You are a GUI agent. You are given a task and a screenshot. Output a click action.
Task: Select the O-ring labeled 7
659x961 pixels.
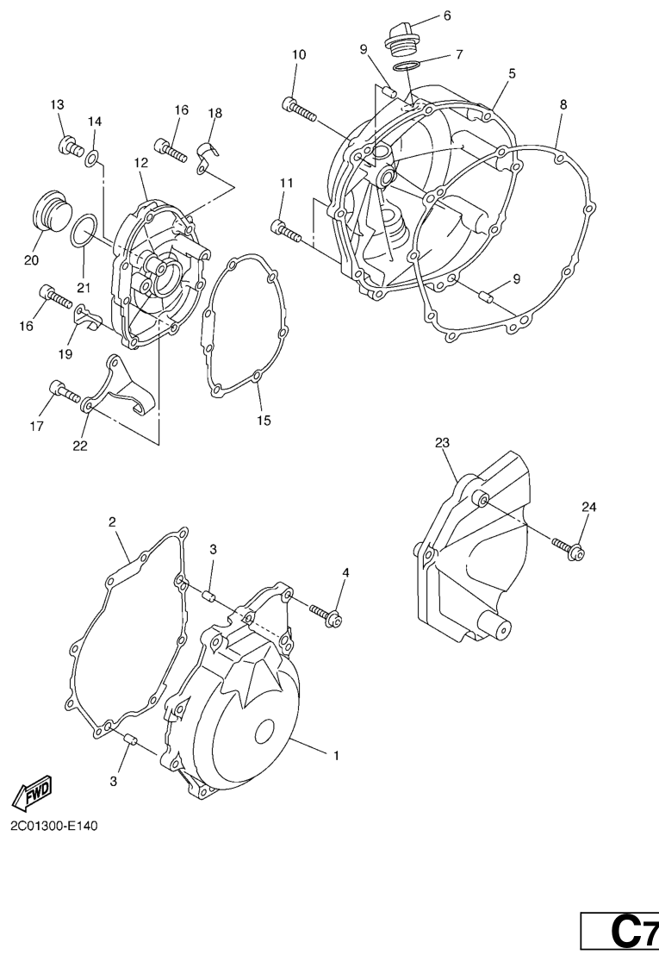tap(407, 66)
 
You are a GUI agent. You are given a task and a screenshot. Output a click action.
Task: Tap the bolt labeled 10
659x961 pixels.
tap(299, 109)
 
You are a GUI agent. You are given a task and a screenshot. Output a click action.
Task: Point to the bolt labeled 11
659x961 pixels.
tap(285, 230)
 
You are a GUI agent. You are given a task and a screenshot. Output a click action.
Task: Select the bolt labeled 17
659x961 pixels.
tap(65, 391)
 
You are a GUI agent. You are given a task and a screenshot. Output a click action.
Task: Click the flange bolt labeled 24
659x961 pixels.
tap(569, 549)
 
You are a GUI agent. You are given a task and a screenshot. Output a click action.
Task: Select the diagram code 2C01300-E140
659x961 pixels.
tap(54, 826)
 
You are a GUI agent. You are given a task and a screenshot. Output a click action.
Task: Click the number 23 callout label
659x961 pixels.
tap(442, 442)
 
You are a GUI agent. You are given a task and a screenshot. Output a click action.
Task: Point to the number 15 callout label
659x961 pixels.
tap(264, 421)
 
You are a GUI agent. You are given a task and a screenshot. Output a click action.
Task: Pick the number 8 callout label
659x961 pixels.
tap(563, 104)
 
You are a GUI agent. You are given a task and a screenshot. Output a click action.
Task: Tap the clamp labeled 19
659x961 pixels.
tap(89, 318)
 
